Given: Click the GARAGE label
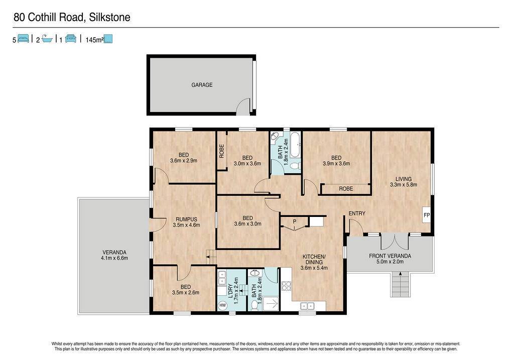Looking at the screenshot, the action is pyautogui.click(x=202, y=85).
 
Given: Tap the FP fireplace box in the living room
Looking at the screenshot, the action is pyautogui.click(x=427, y=215).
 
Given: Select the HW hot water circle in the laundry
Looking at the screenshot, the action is pyautogui.click(x=222, y=306).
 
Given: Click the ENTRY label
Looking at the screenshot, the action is pyautogui.click(x=357, y=213).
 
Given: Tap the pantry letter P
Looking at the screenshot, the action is pyautogui.click(x=295, y=221).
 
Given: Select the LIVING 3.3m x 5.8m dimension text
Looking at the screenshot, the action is pyautogui.click(x=404, y=185).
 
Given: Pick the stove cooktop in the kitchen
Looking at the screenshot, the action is pyautogui.click(x=286, y=286).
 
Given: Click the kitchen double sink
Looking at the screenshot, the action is pyautogui.click(x=308, y=306).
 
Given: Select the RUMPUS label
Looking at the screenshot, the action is pyautogui.click(x=186, y=219).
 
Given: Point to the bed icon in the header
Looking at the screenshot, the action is pyautogui.click(x=23, y=39).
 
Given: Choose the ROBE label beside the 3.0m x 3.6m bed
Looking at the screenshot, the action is pyautogui.click(x=221, y=152).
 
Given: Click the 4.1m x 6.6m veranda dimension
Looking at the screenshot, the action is pyautogui.click(x=114, y=258).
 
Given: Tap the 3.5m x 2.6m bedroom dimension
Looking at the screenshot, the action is pyautogui.click(x=186, y=293).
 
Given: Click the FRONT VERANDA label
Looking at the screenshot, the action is pyautogui.click(x=390, y=256).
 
